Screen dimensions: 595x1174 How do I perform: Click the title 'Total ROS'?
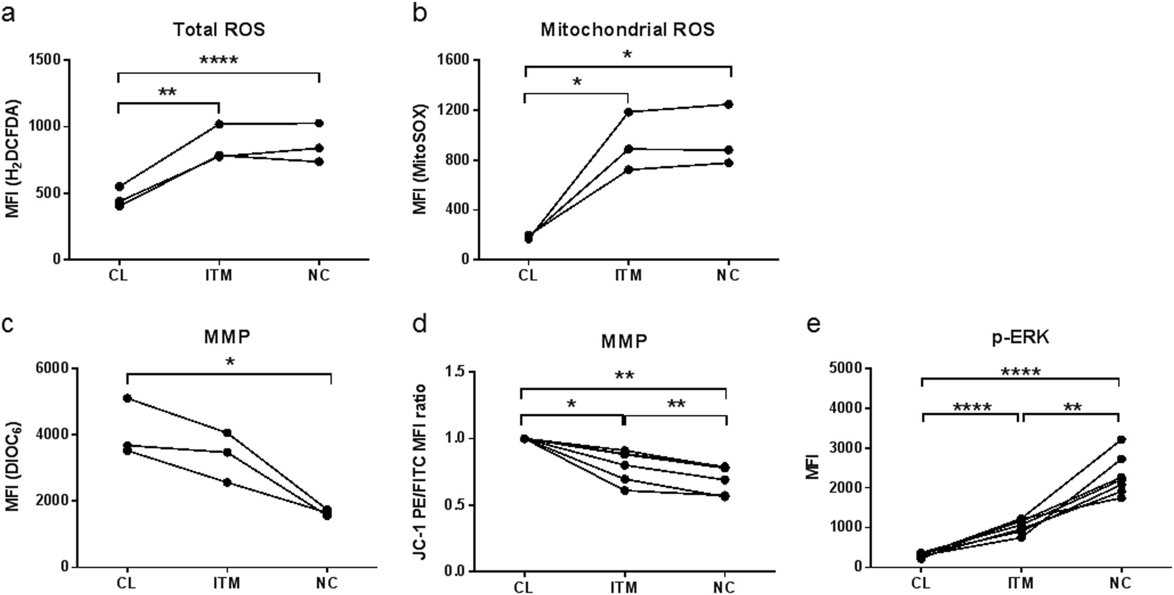click(218, 29)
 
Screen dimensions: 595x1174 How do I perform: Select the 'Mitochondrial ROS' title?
click(627, 29)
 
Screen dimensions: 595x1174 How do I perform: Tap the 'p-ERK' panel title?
click(1020, 337)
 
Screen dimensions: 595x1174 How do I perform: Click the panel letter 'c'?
click(8, 324)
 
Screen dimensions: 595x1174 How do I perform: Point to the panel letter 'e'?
click(813, 324)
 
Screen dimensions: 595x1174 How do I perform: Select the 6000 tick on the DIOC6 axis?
click(52, 368)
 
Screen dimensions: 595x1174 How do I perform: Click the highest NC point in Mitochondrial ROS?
click(728, 104)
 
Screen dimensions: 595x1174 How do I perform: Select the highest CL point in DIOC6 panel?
click(127, 398)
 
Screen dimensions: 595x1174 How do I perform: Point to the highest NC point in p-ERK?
click(1120, 439)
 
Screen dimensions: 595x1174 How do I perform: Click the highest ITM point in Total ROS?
click(219, 123)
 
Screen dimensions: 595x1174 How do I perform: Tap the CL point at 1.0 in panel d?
click(524, 438)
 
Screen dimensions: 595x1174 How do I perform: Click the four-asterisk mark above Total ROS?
click(218, 60)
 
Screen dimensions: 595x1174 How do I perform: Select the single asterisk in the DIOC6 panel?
click(229, 362)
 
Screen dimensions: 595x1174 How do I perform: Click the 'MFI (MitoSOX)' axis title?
click(420, 159)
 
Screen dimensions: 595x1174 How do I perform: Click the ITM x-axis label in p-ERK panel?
click(1020, 583)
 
